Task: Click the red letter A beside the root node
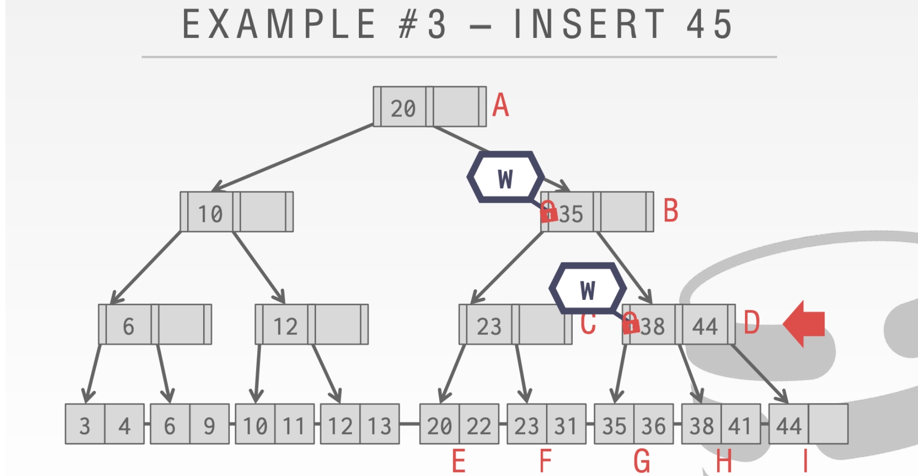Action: tap(500, 106)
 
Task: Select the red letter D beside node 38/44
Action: tap(751, 323)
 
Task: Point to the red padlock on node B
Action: tap(548, 212)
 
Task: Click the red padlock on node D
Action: tap(631, 324)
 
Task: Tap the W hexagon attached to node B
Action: tap(505, 178)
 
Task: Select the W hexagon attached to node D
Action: tap(587, 290)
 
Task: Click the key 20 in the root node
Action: tap(403, 108)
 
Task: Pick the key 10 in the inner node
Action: tap(210, 214)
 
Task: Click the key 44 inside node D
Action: tap(705, 326)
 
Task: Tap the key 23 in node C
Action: tap(489, 326)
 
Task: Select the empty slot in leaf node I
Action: tap(828, 424)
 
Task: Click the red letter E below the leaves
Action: tap(459, 460)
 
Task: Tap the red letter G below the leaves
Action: tap(642, 460)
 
